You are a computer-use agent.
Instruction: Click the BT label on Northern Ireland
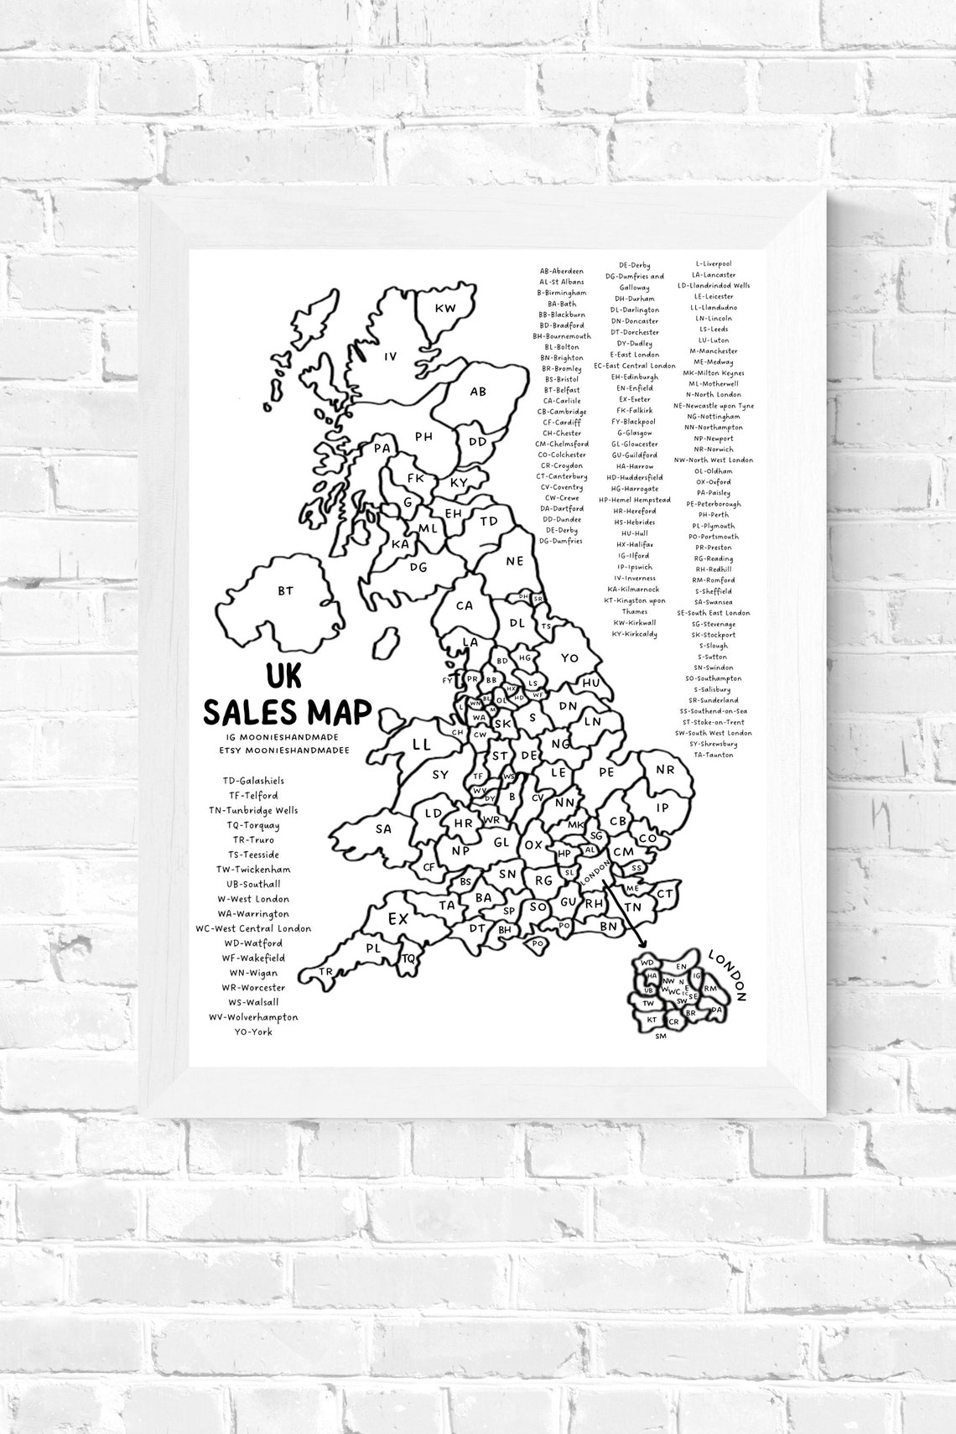285,590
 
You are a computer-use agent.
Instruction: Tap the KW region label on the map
445,309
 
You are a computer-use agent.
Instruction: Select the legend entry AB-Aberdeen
562,272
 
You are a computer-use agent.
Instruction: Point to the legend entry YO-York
253,1031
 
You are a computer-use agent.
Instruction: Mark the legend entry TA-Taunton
714,755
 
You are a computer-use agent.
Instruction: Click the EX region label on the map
397,919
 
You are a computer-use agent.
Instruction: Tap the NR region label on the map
665,769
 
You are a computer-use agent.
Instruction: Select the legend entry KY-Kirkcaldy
634,634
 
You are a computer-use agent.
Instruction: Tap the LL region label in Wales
421,744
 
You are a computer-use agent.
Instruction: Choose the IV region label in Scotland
390,356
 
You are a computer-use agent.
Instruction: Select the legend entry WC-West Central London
253,928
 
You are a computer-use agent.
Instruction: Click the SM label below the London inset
661,1037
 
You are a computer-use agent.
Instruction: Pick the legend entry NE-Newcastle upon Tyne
714,406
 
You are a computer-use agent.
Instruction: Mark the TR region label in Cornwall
325,972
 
